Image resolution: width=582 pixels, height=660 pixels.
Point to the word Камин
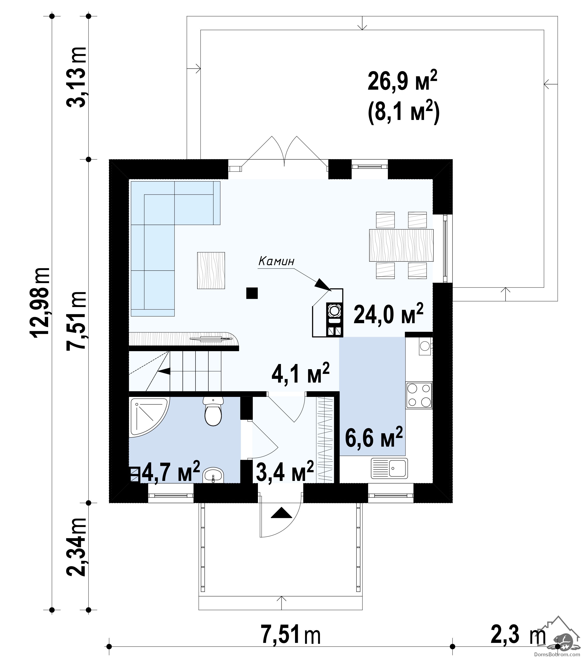coord(276,261)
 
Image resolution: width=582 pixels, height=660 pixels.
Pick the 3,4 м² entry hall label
coord(285,471)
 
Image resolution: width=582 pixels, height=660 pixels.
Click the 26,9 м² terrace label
coord(402,82)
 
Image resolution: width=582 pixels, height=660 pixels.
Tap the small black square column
coord(252,293)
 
